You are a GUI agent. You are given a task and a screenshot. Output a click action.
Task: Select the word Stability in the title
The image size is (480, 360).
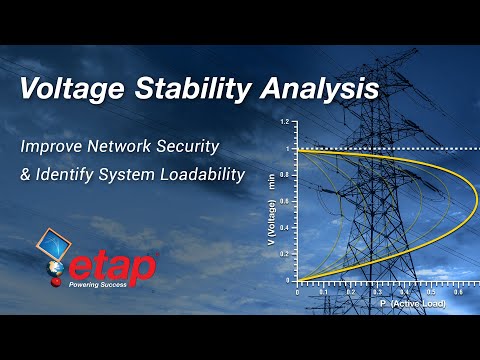click(196, 89)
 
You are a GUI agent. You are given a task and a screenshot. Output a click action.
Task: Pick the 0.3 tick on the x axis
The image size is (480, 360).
click(377, 291)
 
